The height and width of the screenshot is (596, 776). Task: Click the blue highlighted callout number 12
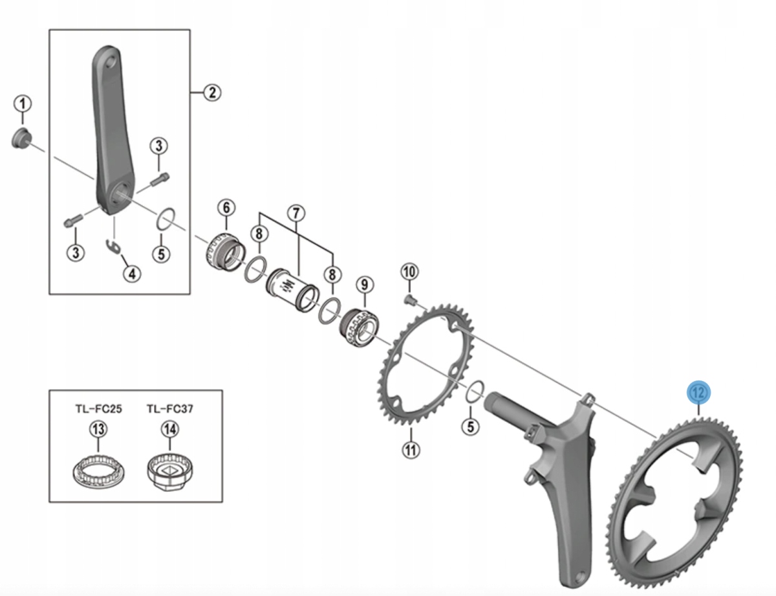click(x=698, y=393)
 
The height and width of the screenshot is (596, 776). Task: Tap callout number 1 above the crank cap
click(x=23, y=104)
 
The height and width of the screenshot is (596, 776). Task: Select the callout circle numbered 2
click(x=212, y=93)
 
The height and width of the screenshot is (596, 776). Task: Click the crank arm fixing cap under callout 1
click(x=21, y=138)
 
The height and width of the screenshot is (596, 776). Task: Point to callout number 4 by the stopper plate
click(x=132, y=274)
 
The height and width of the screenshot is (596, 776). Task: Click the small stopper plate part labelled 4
click(x=114, y=247)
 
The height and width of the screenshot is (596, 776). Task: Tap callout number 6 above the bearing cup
click(x=227, y=208)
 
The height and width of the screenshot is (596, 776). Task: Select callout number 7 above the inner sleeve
click(x=296, y=214)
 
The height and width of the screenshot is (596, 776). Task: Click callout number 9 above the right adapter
click(x=364, y=285)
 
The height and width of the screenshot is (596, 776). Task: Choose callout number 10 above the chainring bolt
click(x=409, y=272)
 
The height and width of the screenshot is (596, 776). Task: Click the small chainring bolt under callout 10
click(x=409, y=299)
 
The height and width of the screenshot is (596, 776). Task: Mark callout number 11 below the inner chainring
click(x=411, y=450)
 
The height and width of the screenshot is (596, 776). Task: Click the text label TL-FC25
click(x=98, y=408)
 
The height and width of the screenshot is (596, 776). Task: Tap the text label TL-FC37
click(x=170, y=408)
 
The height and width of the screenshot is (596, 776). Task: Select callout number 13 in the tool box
click(x=98, y=429)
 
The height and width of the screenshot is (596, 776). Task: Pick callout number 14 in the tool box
click(x=169, y=429)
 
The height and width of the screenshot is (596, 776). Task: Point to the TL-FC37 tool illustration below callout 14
click(x=170, y=472)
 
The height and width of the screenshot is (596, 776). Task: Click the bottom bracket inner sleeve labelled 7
click(x=292, y=289)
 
